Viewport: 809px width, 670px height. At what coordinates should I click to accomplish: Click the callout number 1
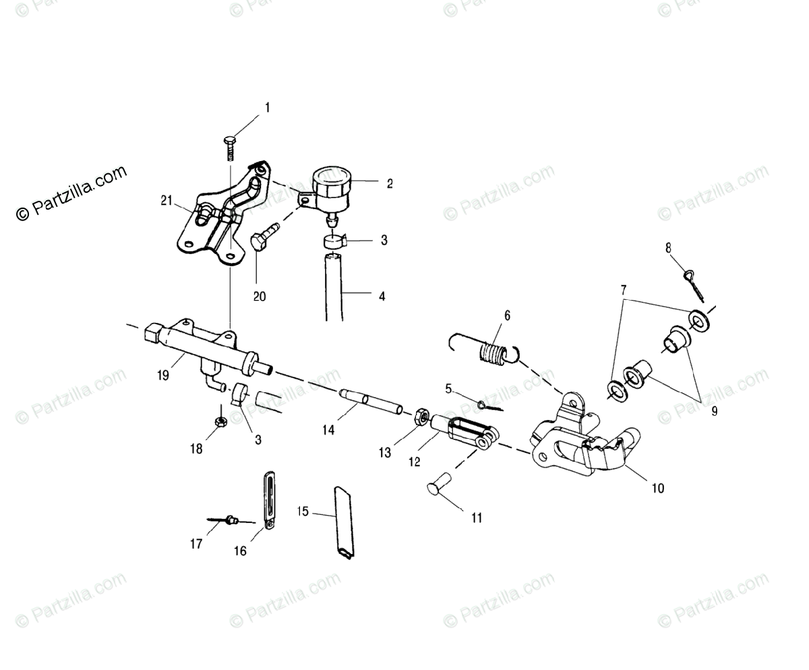coord(267,108)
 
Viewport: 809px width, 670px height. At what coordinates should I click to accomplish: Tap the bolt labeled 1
coord(229,146)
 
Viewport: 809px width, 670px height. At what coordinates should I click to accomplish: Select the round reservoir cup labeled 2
coord(333,183)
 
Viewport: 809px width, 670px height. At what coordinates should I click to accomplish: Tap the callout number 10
coord(658,488)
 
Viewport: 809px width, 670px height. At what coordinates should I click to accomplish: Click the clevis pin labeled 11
coord(439,485)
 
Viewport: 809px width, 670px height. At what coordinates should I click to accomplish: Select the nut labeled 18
coord(220,422)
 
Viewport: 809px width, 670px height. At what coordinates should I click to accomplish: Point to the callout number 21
coord(167,200)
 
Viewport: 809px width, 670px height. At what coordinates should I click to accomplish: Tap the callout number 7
coord(624,291)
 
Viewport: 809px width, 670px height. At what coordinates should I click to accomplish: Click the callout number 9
coord(714,410)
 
